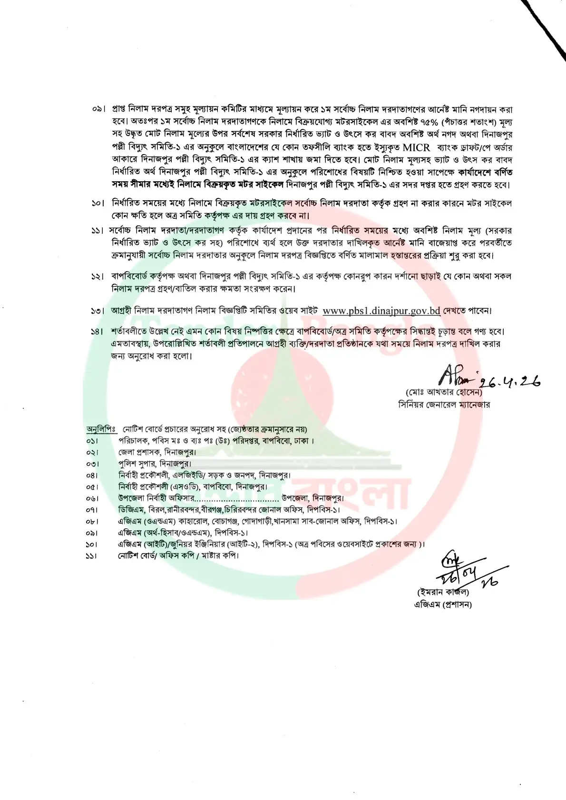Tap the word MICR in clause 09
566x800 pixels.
[x=416, y=147]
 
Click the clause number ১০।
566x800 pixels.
[x=98, y=204]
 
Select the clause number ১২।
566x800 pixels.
[x=98, y=276]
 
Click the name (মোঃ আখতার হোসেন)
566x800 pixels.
[x=443, y=393]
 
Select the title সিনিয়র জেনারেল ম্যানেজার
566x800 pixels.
[x=444, y=405]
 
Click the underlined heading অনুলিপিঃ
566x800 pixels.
[x=101, y=429]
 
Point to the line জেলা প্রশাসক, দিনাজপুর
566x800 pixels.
[x=157, y=452]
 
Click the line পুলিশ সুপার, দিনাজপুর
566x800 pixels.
[x=155, y=463]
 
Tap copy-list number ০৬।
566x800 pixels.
[x=92, y=498]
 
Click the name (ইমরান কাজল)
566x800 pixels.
[x=442, y=593]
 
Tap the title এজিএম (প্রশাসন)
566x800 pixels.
[x=443, y=605]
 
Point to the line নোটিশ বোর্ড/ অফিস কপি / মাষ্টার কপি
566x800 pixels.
[x=178, y=556]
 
